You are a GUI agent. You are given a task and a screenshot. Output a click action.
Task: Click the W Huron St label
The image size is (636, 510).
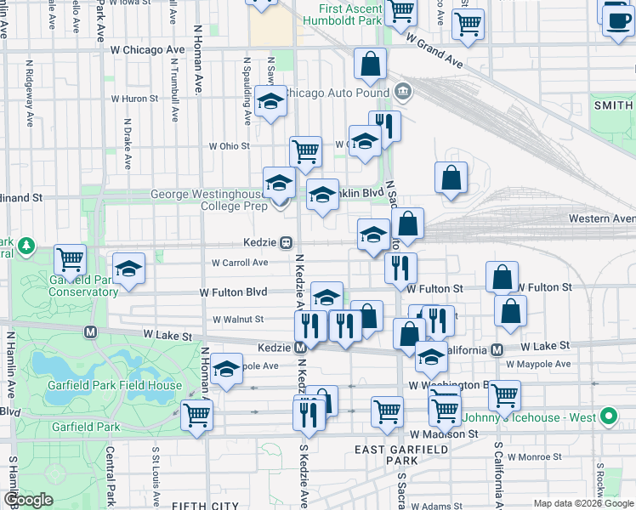(136, 99)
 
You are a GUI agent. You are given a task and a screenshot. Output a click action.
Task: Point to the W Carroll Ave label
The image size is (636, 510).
(240, 263)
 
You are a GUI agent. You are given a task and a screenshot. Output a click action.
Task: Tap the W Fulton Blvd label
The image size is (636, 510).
(233, 292)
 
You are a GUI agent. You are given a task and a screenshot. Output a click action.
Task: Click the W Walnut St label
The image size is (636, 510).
(238, 320)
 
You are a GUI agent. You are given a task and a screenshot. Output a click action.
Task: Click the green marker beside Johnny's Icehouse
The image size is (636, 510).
(608, 417)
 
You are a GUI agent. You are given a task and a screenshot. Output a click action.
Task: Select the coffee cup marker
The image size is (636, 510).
(617, 18)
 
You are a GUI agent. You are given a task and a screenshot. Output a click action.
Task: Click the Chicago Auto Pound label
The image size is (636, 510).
(335, 92)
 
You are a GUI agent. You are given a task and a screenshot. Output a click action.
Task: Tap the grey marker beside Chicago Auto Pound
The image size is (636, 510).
(403, 91)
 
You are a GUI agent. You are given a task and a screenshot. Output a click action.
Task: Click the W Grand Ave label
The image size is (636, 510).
(434, 51)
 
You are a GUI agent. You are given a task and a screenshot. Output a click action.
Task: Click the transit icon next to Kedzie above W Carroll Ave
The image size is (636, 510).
(287, 242)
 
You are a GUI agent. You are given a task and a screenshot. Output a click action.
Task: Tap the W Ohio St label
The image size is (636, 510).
(230, 146)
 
